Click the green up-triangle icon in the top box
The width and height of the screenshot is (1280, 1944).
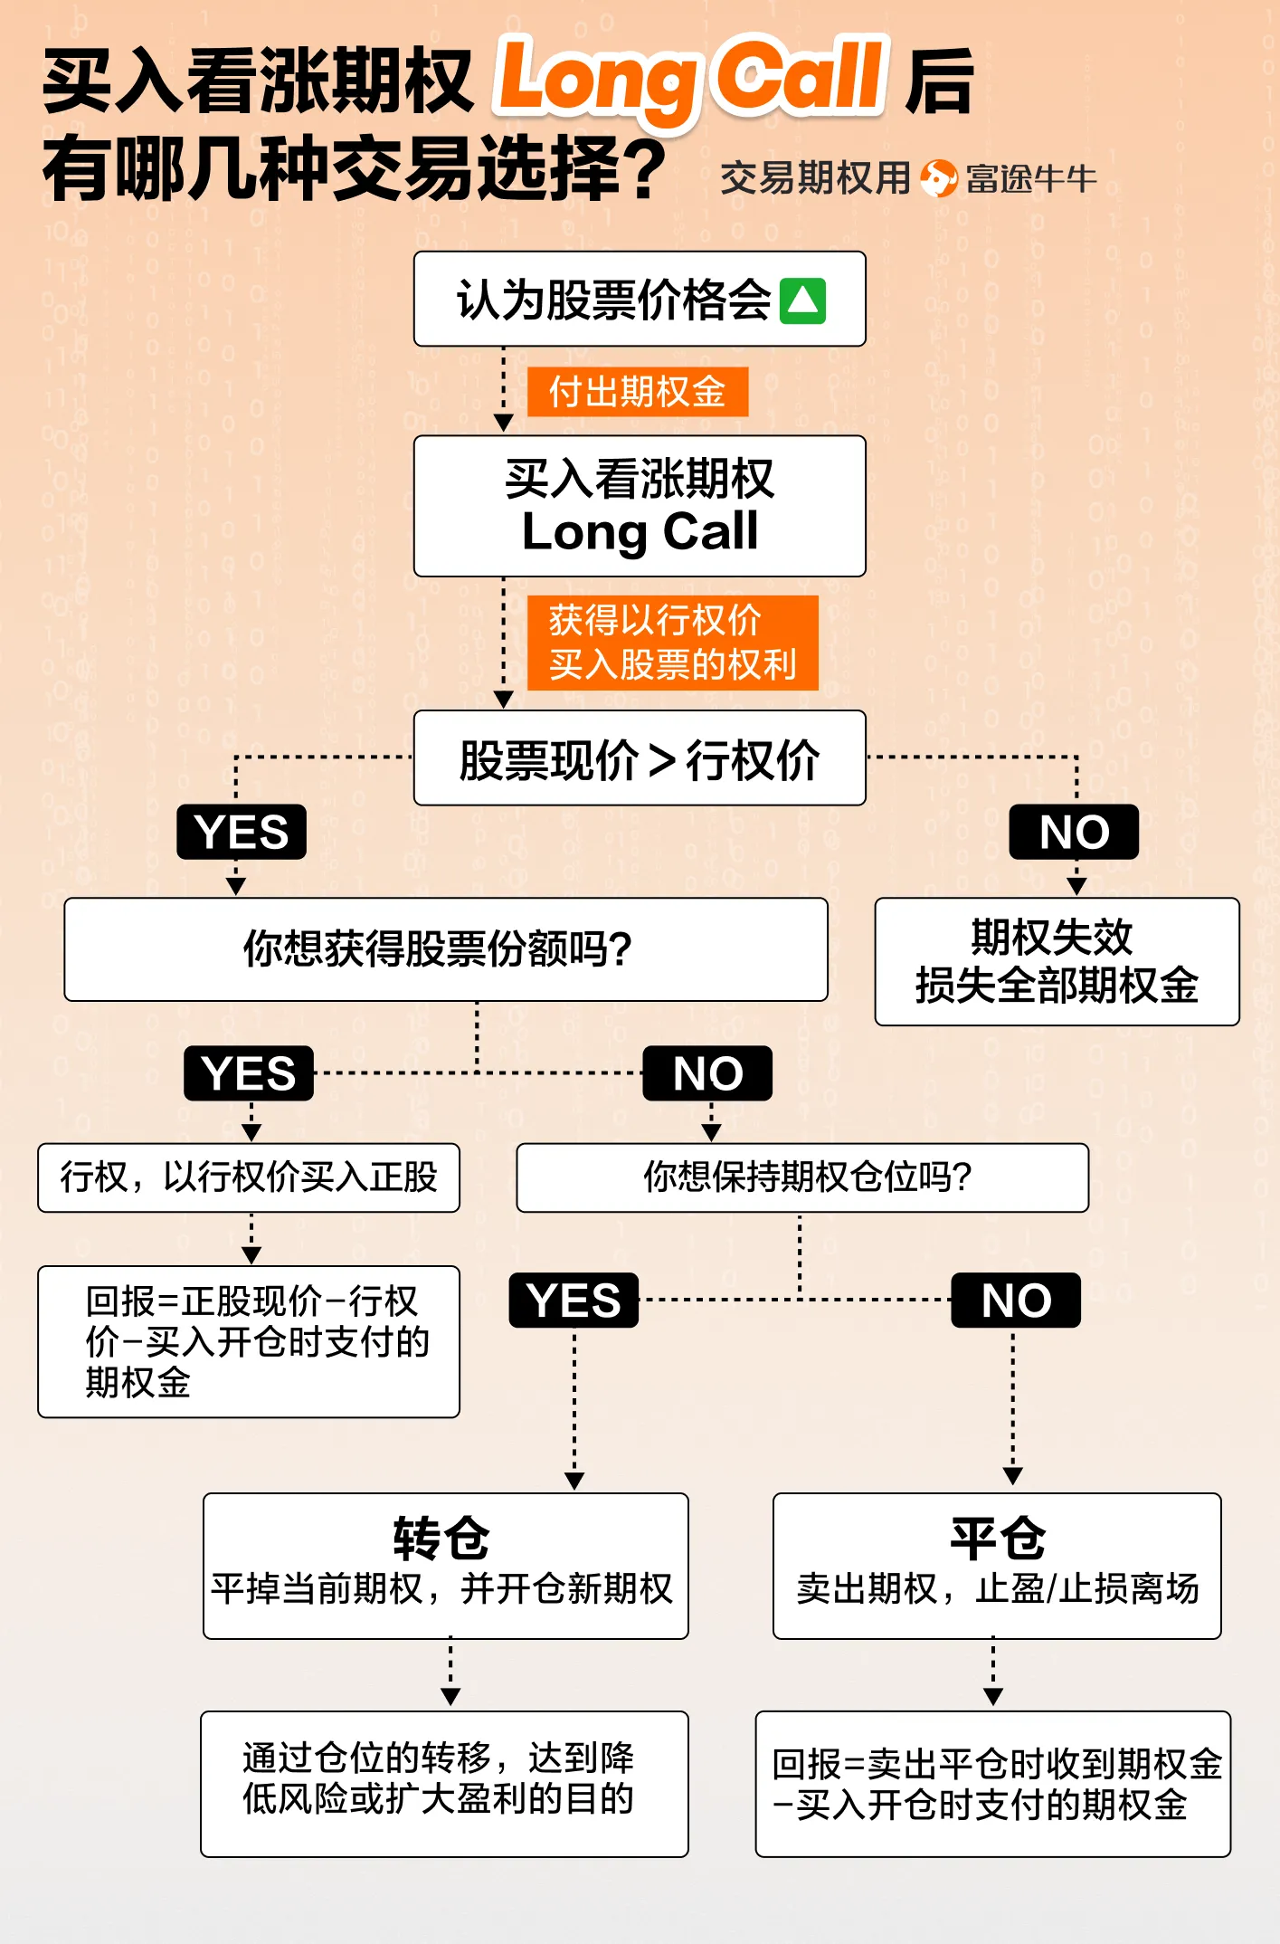point(803,301)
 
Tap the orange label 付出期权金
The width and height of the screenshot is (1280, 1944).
point(638,392)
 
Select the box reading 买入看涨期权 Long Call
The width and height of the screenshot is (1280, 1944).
point(640,506)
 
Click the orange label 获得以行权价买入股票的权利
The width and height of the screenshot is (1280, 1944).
point(672,643)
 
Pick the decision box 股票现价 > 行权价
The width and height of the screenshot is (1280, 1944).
point(640,758)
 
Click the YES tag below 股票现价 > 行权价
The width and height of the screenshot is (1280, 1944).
point(242,832)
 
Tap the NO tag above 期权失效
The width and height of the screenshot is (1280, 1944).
point(1074,832)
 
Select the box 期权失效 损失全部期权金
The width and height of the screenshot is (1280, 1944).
point(1057,961)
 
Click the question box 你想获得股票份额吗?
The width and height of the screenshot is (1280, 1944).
point(446,949)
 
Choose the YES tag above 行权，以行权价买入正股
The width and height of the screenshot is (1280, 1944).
point(249,1073)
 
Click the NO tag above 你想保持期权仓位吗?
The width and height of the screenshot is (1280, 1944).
point(707,1073)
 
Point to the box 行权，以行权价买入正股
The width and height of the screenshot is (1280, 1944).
point(249,1177)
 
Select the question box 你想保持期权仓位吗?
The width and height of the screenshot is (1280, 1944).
point(802,1177)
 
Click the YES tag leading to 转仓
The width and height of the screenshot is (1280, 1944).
point(574,1301)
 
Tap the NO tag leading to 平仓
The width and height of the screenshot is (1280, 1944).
point(1016,1301)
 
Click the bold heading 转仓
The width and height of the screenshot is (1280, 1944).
point(441,1539)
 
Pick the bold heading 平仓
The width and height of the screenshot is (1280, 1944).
point(998,1539)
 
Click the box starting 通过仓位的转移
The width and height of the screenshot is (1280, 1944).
point(444,1783)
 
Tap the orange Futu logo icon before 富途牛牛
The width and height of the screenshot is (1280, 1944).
point(938,178)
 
